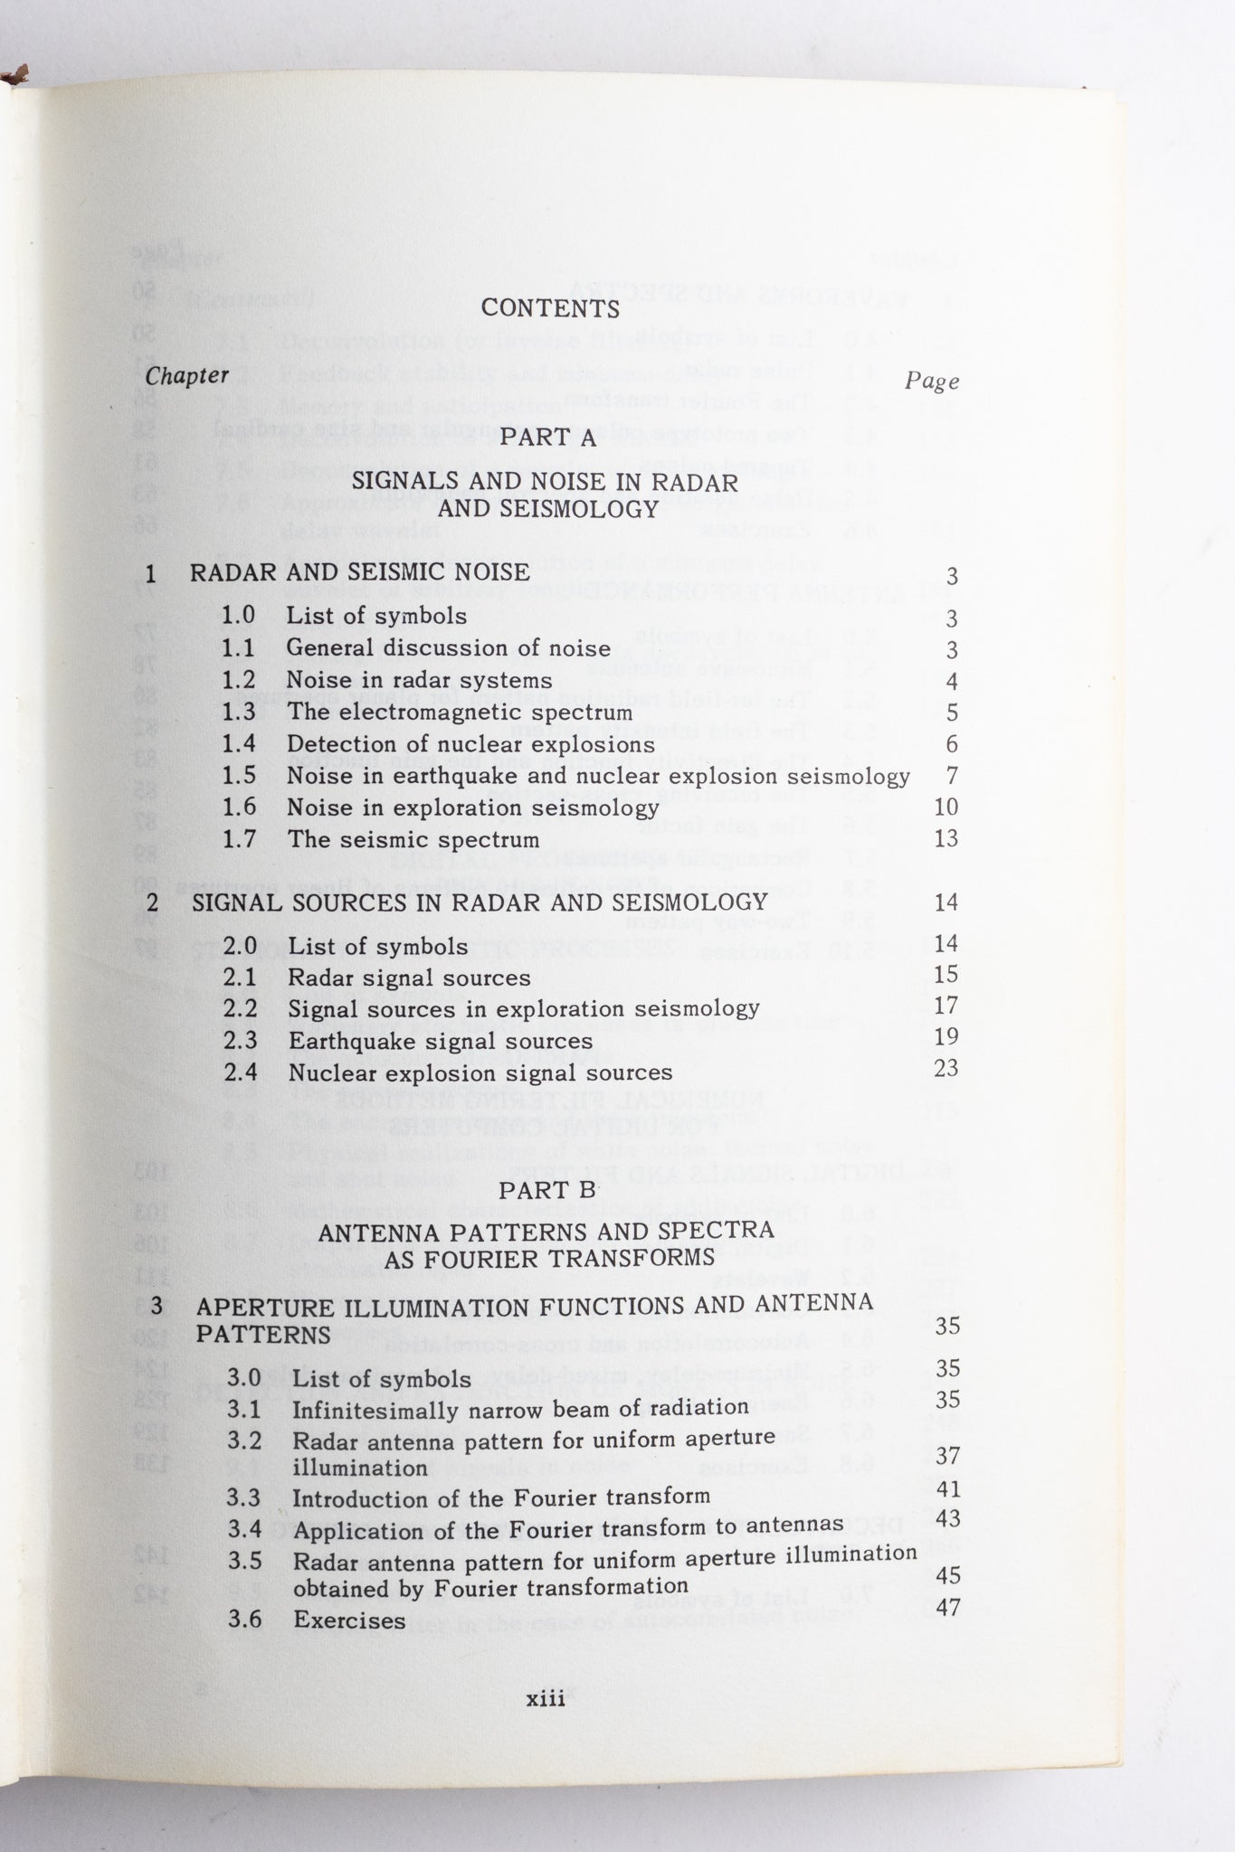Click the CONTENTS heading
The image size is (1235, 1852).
pos(550,308)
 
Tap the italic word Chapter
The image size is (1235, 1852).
pos(186,376)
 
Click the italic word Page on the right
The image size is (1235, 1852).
pos(932,381)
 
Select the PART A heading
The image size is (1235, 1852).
pos(549,438)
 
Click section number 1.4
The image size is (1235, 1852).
pos(239,744)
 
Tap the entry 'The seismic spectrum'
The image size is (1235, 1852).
pos(413,839)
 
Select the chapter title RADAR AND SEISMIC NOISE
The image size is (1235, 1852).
pos(359,572)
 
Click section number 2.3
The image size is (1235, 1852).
pos(241,1041)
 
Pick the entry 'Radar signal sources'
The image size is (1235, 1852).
pos(409,978)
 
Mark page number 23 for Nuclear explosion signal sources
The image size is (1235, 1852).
pos(945,1068)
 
